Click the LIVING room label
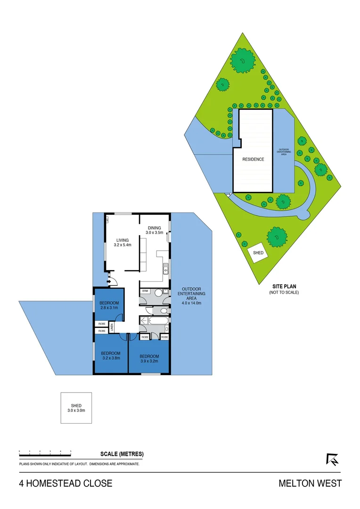(x=122, y=240)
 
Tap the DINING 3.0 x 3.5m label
(x=154, y=230)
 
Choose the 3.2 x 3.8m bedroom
(x=111, y=355)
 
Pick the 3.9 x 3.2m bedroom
(x=149, y=358)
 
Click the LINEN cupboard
(x=112, y=327)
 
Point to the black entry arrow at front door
(x=109, y=282)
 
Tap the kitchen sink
(x=165, y=270)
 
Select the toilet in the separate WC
(x=162, y=310)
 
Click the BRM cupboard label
(x=145, y=291)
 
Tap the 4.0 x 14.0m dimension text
(x=191, y=303)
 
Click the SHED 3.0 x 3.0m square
(x=76, y=408)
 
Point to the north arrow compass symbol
(x=332, y=459)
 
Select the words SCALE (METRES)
(x=122, y=454)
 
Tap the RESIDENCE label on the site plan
(x=254, y=159)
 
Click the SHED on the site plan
(x=258, y=253)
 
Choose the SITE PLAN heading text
(x=284, y=286)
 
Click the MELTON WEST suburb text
(x=310, y=484)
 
